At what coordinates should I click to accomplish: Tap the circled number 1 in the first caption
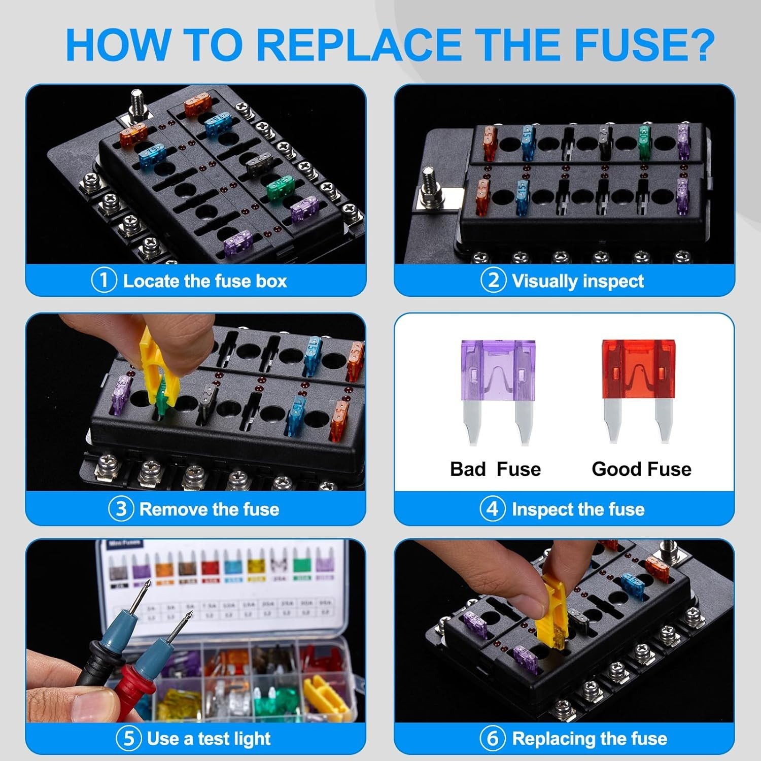(103, 281)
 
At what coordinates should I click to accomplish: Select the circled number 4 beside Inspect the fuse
(492, 509)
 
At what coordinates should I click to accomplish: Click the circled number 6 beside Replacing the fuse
(492, 738)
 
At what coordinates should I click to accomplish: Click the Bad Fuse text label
(495, 469)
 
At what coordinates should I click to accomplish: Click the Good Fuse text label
(641, 469)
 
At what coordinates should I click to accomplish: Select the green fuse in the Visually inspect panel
(644, 142)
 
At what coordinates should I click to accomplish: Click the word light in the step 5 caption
(252, 739)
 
